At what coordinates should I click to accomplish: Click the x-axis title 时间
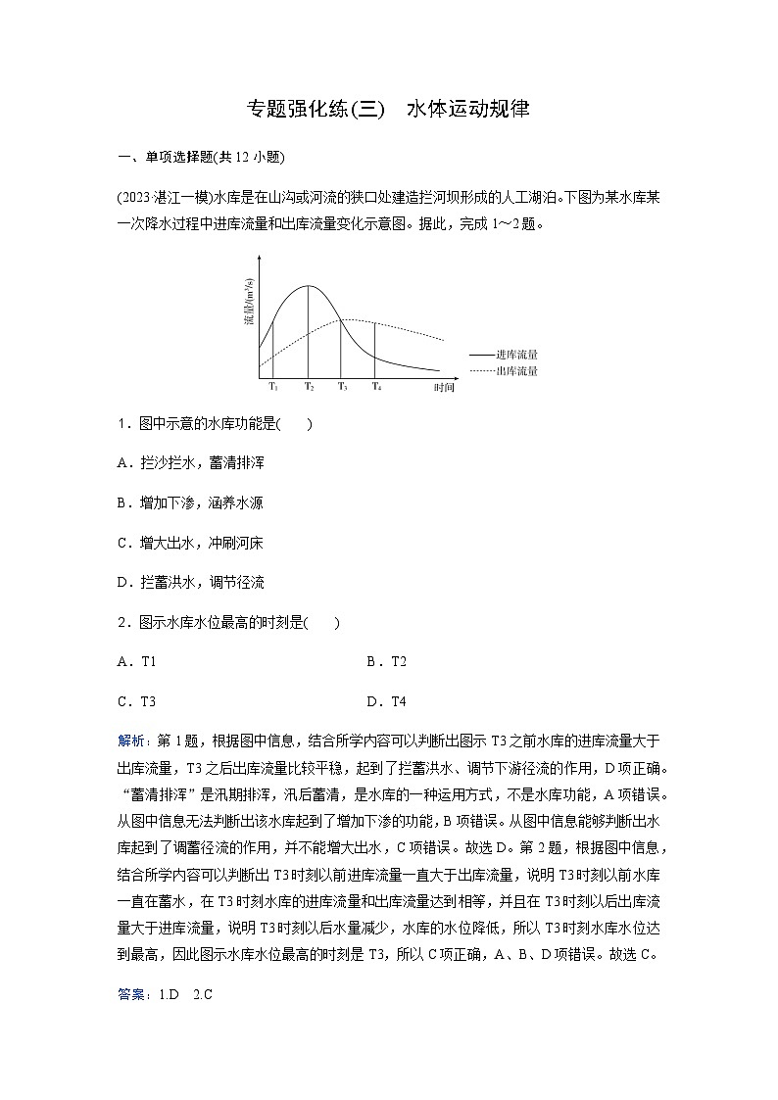(444, 389)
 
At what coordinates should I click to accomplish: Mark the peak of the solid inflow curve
(309, 285)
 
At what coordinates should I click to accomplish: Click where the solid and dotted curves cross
(341, 320)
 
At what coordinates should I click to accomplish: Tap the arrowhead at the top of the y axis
(260, 257)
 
